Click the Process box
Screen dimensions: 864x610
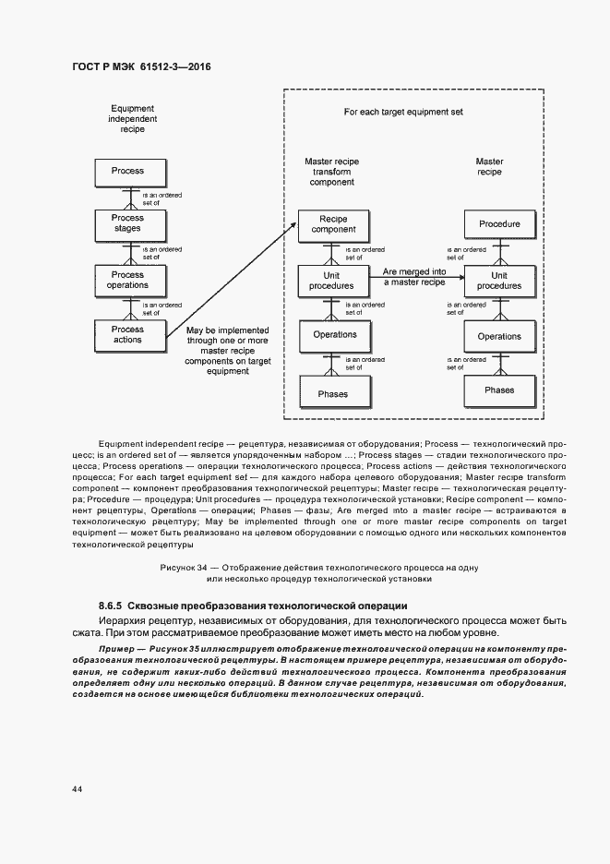pos(127,172)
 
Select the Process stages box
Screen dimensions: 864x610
pos(127,224)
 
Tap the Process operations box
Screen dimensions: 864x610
pos(127,280)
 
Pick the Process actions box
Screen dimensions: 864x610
pos(127,334)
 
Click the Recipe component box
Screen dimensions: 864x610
pos(332,224)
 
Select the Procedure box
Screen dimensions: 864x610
pos(499,224)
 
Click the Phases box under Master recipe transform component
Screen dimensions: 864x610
pos(332,394)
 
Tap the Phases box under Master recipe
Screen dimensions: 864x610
pos(499,390)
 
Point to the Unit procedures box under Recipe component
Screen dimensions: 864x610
pos(332,281)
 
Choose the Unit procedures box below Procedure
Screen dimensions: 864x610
pos(499,281)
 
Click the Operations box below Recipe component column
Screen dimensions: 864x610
pos(334,335)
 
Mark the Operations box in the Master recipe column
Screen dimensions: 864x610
pos(499,337)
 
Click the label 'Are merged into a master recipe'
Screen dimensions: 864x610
pos(413,277)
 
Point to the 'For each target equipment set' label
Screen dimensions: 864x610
pos(403,112)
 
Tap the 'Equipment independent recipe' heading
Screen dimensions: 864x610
pos(132,119)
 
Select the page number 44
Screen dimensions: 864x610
pos(76,789)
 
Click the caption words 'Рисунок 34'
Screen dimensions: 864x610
pos(183,566)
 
